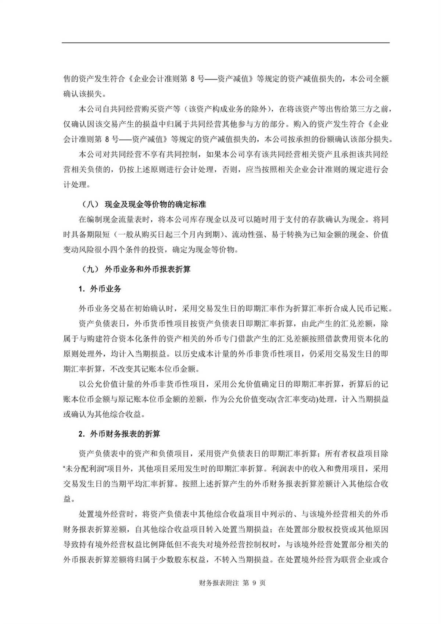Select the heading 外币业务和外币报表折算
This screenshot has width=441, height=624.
click(x=147, y=270)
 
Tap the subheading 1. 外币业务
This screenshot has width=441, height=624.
click(x=100, y=289)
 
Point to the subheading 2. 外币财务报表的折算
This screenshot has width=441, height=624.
click(x=120, y=434)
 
